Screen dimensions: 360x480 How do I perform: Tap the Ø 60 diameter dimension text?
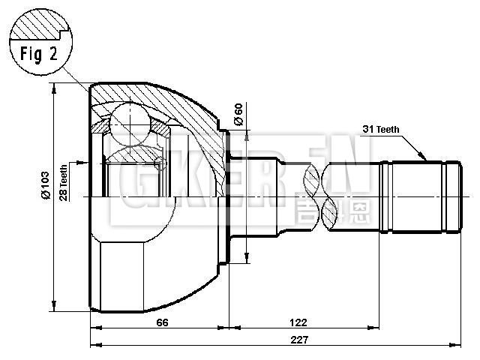(238, 114)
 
